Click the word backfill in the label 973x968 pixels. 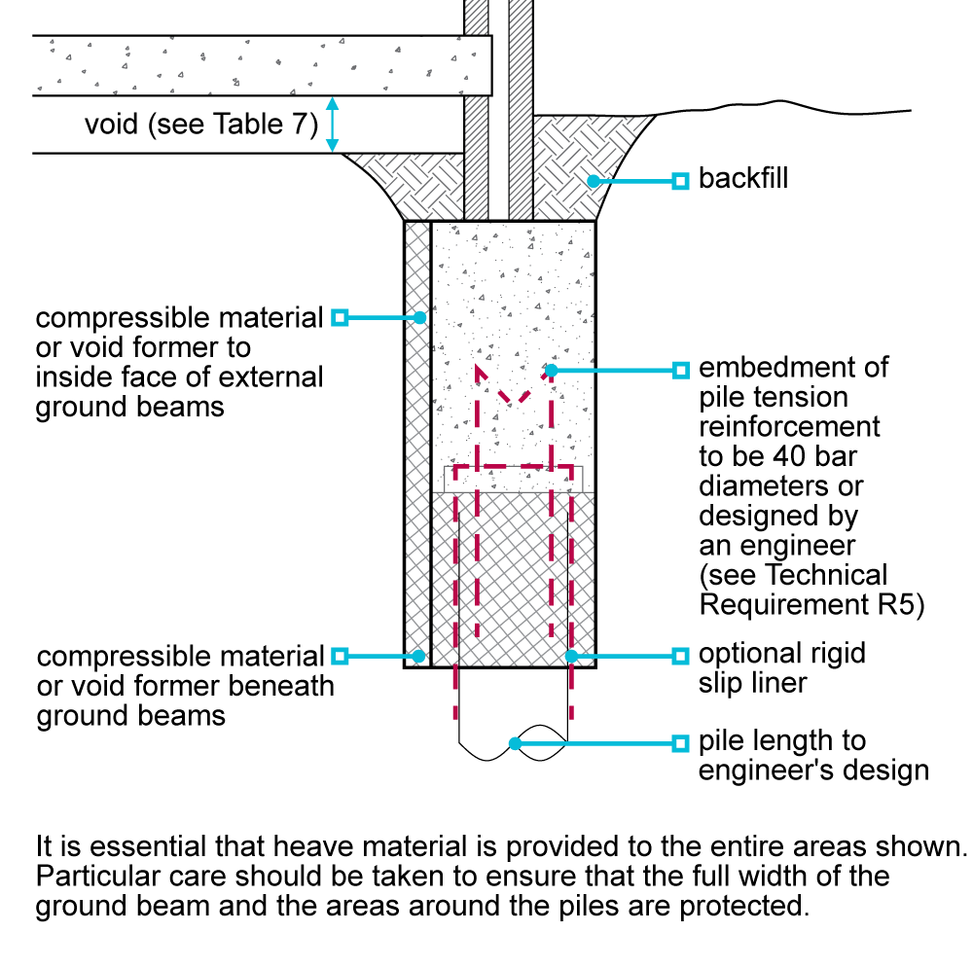(742, 180)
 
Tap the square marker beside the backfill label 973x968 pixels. (681, 180)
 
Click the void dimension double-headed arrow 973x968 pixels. (332, 125)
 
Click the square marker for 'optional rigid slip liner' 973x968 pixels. (681, 656)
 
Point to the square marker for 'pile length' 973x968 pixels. (681, 744)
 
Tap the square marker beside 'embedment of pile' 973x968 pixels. (681, 370)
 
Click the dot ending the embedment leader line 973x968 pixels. (551, 370)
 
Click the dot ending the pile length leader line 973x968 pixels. (515, 744)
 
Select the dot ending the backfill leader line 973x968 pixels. (590, 180)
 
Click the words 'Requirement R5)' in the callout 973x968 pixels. (811, 605)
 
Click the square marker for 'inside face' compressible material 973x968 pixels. (340, 317)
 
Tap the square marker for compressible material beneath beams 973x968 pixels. (340, 656)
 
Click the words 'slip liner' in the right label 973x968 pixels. (753, 683)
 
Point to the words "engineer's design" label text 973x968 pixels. (813, 771)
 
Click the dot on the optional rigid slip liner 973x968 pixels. (572, 656)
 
